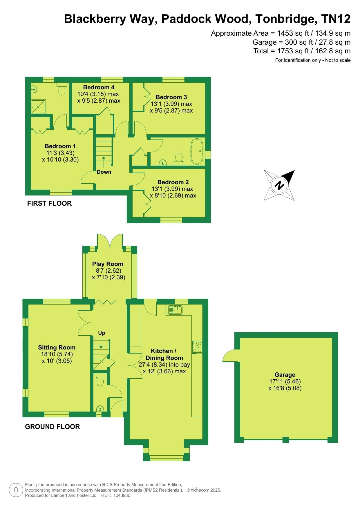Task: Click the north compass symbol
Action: [x=279, y=185]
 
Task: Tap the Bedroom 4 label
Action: [x=99, y=87]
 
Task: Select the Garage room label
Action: [x=285, y=375]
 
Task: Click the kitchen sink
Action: [x=175, y=310]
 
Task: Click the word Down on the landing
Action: [x=104, y=172]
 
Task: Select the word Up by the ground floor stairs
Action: [x=102, y=333]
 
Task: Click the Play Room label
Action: [x=108, y=264]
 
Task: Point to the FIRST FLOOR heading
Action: [x=49, y=203]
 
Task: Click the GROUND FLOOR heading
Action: [x=53, y=427]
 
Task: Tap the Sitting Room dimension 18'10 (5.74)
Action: [x=57, y=354]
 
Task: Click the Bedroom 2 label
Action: [x=173, y=182]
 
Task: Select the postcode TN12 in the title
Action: [x=336, y=19]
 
